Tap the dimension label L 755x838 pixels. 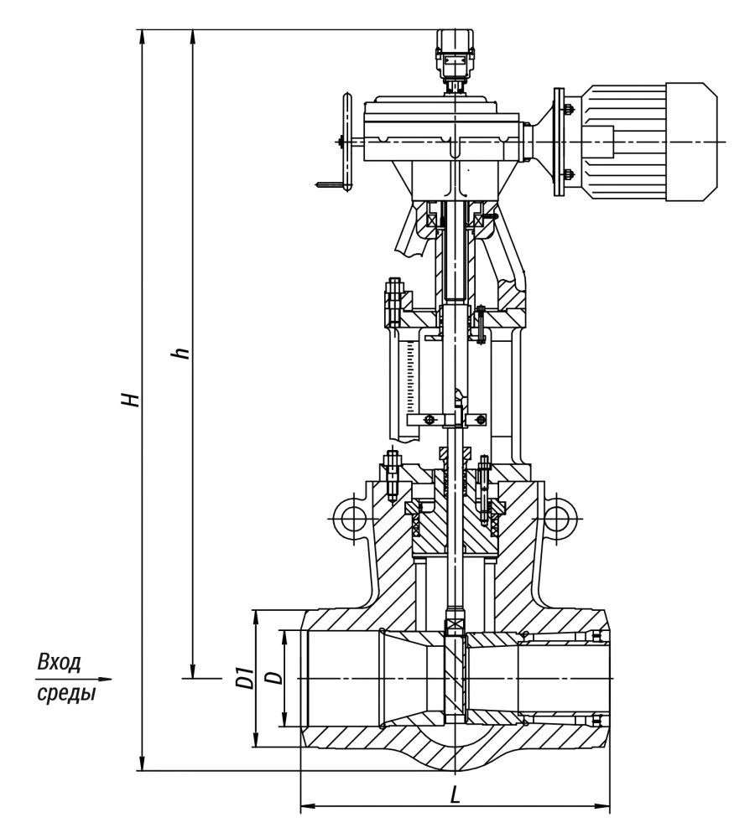(x=455, y=794)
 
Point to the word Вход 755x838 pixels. (x=60, y=663)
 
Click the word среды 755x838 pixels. (x=65, y=695)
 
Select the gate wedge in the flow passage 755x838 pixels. (x=454, y=679)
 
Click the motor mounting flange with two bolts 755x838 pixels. (x=560, y=142)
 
